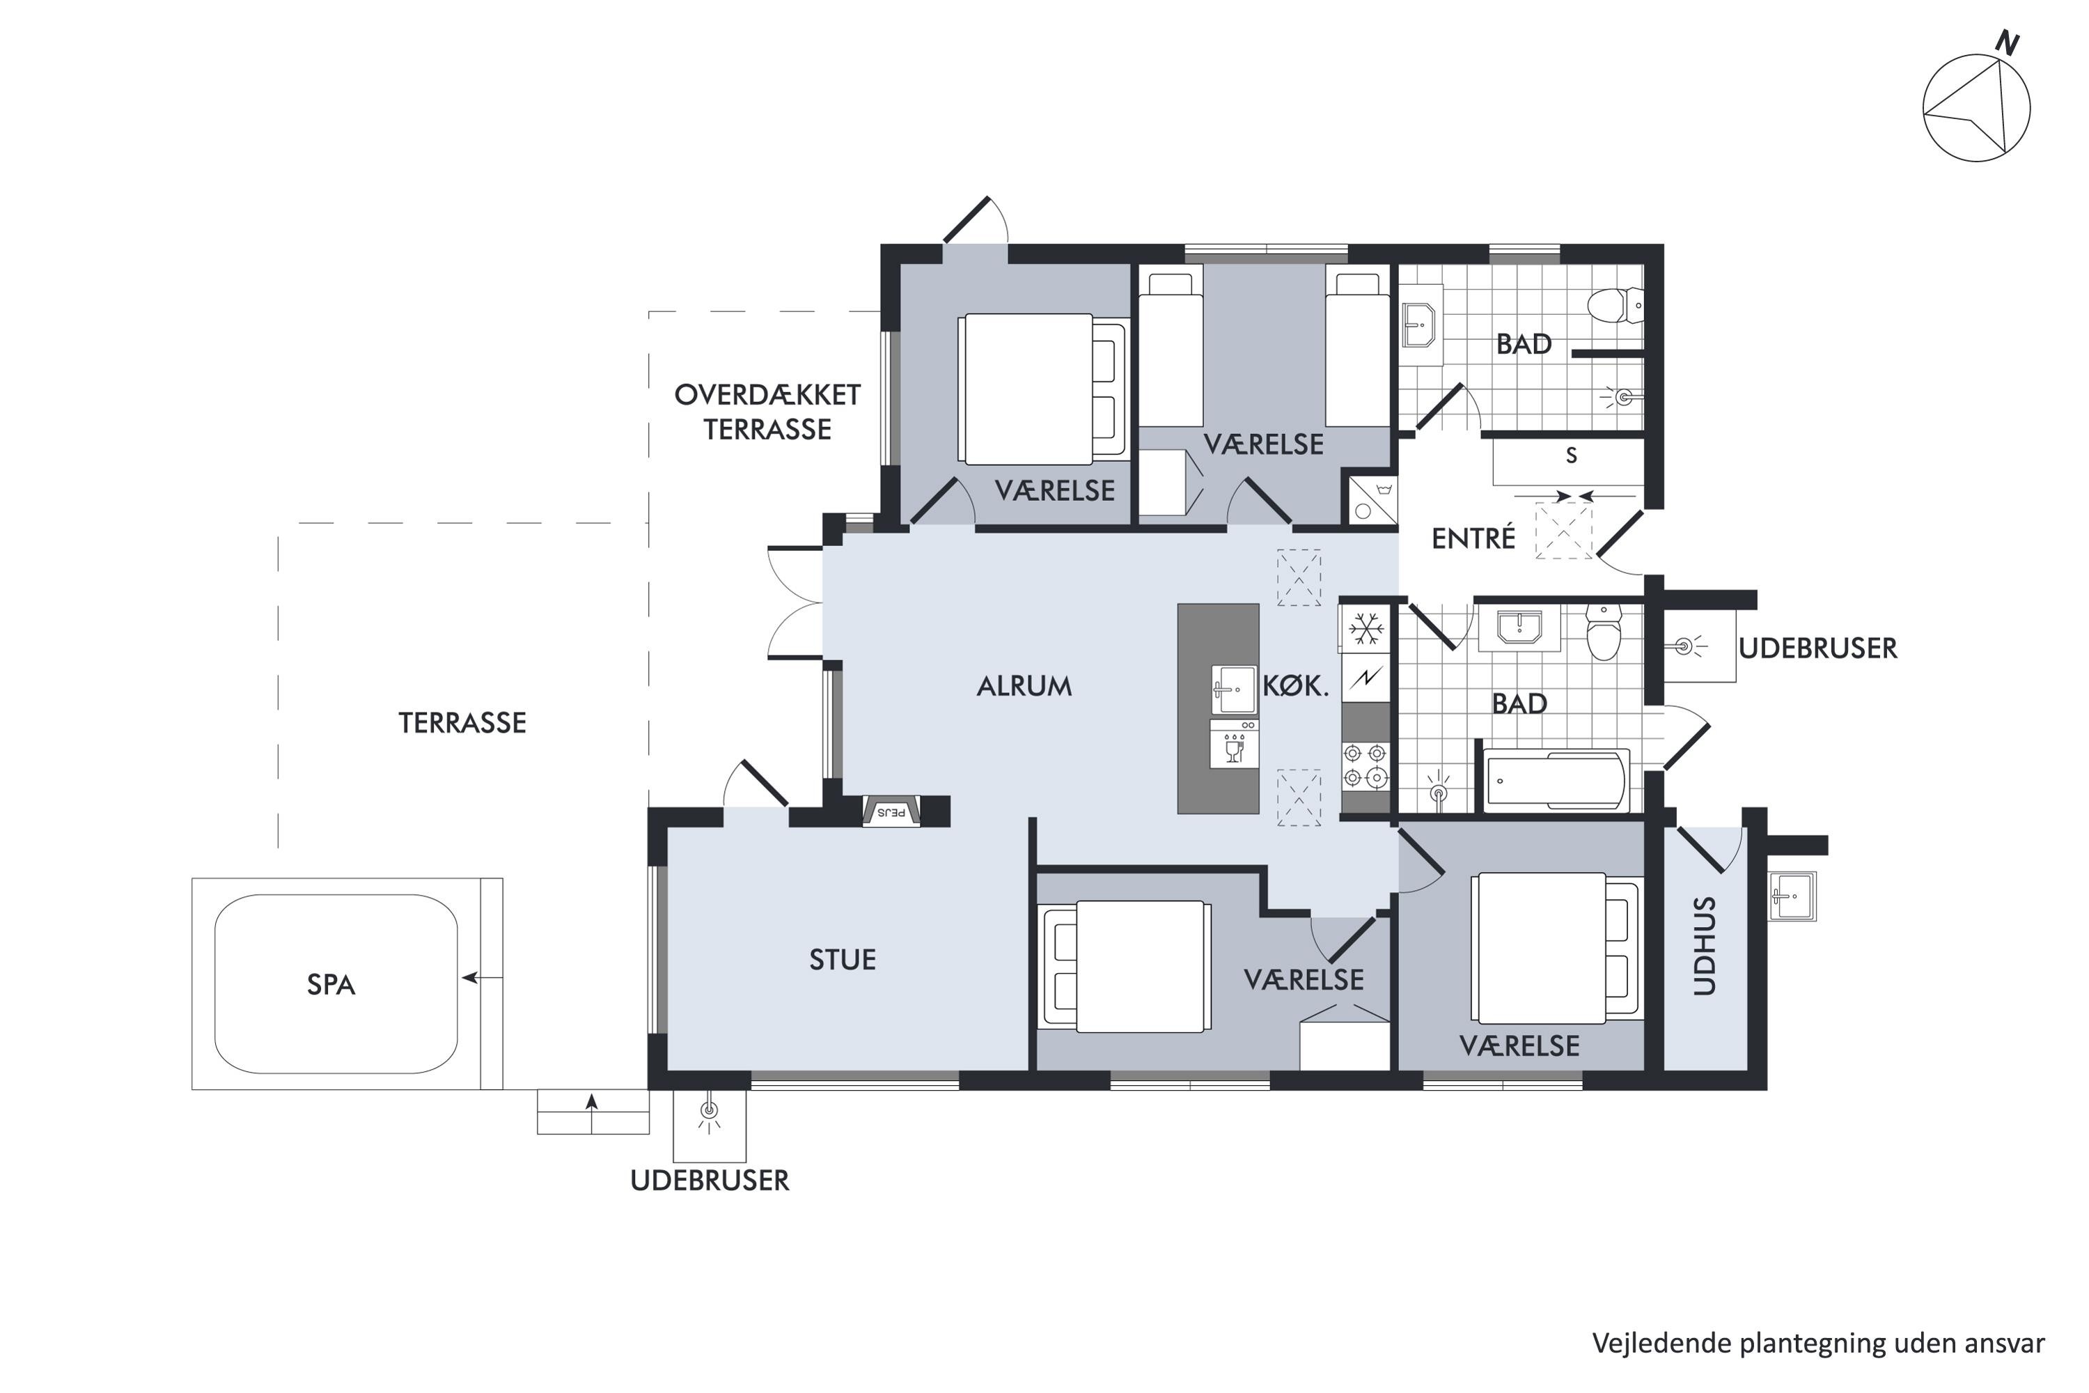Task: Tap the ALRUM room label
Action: [x=1024, y=686]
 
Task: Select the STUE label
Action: [x=842, y=960]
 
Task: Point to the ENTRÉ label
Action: [x=1473, y=538]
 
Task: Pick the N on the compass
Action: [x=2008, y=42]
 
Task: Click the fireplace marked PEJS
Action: [x=891, y=811]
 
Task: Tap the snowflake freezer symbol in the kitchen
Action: [x=1365, y=629]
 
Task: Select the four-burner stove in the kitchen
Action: [x=1365, y=765]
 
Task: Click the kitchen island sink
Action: [x=1234, y=690]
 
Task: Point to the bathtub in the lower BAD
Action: [x=1556, y=781]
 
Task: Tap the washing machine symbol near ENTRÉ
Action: [x=1372, y=499]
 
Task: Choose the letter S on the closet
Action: [x=1571, y=456]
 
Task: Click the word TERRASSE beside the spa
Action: [x=462, y=723]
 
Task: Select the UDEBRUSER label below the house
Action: [x=710, y=1181]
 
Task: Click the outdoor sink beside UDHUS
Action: [x=1792, y=896]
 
